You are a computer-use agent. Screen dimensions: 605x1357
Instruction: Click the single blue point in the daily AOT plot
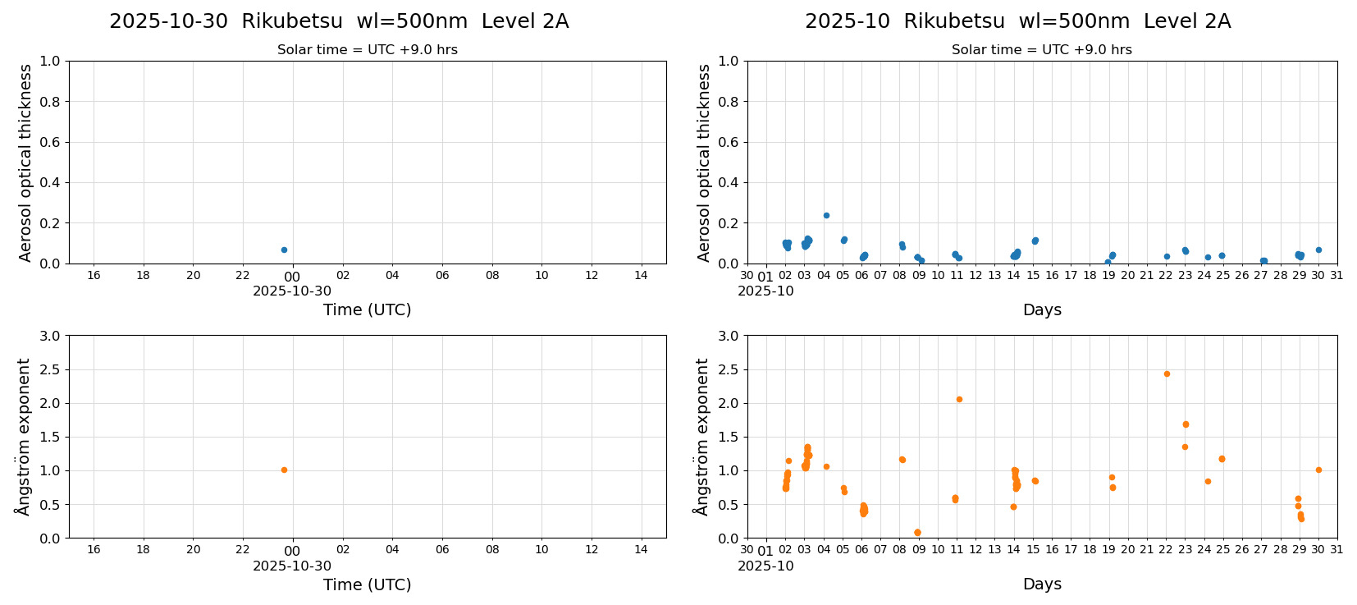[x=284, y=250]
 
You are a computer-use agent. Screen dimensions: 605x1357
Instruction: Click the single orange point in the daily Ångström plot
[x=284, y=470]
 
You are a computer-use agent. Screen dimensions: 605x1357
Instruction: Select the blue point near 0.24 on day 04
[x=826, y=215]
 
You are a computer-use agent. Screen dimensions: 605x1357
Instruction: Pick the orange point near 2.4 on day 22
[x=1167, y=374]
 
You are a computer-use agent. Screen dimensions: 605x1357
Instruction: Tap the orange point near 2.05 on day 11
[x=959, y=399]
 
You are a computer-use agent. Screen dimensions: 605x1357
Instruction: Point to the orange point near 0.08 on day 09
[x=917, y=532]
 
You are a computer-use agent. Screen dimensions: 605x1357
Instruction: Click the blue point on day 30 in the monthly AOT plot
[x=1318, y=250]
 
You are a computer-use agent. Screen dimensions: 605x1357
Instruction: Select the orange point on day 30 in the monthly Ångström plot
[x=1318, y=470]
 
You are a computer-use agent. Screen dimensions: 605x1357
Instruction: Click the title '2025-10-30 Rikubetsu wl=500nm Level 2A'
[x=339, y=21]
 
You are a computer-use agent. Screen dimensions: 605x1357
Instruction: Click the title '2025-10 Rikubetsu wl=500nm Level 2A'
[x=1017, y=21]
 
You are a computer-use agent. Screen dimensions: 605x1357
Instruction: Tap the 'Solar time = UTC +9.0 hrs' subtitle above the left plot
[x=367, y=50]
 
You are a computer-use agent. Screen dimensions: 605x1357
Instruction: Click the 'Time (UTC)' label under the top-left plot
[x=367, y=309]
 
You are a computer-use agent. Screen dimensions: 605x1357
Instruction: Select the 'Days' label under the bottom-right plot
[x=1042, y=584]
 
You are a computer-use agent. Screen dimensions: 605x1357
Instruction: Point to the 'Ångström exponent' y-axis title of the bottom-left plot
[x=25, y=436]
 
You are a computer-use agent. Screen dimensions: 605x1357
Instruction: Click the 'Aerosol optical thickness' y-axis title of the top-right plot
[x=704, y=163]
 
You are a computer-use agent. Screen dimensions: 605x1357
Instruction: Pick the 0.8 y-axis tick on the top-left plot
[x=51, y=102]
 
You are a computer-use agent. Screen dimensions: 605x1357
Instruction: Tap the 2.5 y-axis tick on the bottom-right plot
[x=729, y=369]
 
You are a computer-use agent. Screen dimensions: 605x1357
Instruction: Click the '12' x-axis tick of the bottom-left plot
[x=592, y=549]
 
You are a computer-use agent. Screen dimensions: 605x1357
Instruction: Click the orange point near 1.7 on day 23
[x=1186, y=424]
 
